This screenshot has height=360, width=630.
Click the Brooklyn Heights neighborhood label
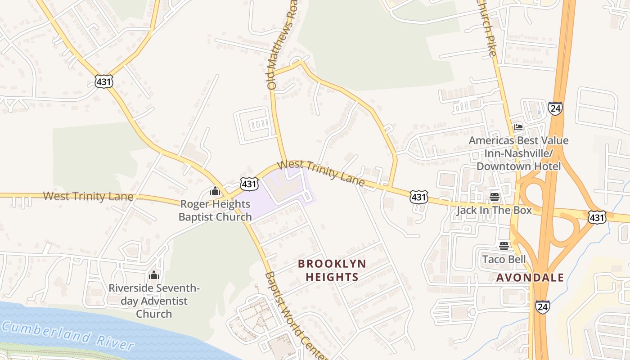[332, 270]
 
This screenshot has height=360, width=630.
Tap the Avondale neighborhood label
[530, 277]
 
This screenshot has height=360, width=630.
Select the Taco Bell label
[504, 259]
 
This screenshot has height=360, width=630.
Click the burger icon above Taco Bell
[504, 246]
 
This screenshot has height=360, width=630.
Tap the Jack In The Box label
[494, 210]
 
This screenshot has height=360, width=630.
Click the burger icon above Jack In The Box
[495, 197]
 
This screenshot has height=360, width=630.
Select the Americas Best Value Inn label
[518, 153]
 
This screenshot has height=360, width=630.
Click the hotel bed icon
[518, 127]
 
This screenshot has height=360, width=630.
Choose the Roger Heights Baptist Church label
[215, 210]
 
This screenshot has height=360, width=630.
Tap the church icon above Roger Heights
[215, 191]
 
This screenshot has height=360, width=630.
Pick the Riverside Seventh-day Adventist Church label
[154, 301]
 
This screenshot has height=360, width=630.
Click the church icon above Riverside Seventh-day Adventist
[154, 275]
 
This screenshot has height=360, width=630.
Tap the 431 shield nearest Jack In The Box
[418, 197]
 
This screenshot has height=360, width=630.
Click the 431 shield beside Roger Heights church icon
[249, 183]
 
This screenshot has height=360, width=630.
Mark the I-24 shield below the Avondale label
[542, 307]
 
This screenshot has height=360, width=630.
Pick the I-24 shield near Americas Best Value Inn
[555, 108]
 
